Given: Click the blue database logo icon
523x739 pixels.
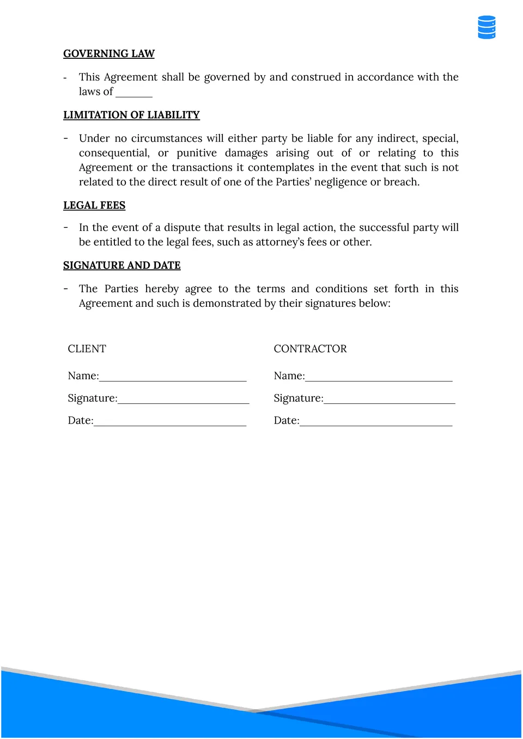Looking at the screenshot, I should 486,27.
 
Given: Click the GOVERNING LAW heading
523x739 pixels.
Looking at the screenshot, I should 109,53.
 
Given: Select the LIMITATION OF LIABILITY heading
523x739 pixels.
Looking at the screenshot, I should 131,115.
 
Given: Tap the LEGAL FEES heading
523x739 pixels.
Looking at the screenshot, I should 94,205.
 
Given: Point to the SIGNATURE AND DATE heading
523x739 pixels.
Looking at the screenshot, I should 122,265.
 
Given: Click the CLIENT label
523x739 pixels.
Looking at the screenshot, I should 87,349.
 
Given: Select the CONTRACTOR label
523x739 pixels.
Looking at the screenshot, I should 310,349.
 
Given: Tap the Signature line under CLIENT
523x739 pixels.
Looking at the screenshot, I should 183,399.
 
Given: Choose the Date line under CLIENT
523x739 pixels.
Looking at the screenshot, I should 170,422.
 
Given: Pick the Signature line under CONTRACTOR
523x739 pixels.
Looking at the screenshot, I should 389,399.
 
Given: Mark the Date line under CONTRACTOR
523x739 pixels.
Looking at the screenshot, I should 376,422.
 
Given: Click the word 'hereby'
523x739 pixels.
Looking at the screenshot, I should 162,289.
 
